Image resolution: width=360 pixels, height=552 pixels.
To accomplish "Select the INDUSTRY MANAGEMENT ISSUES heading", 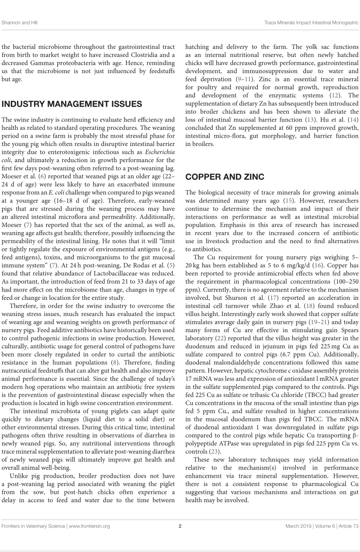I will [x=72, y=104].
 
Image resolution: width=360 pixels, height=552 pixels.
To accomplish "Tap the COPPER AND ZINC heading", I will [x=225, y=177].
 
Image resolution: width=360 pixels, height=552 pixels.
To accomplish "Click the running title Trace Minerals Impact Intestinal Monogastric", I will [x=311, y=22].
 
